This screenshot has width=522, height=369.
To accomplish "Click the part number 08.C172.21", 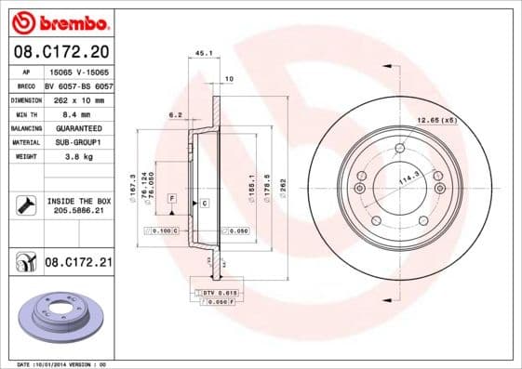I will (78, 263).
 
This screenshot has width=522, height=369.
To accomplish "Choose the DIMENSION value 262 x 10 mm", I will (78, 98).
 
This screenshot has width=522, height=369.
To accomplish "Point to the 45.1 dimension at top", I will (203, 53).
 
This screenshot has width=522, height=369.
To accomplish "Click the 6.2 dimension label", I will (174, 115).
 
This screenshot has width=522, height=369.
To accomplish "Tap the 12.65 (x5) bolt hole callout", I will (437, 120).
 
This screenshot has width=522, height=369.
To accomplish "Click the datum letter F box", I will (172, 199).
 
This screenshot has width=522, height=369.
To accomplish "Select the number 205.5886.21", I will (78, 212).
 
